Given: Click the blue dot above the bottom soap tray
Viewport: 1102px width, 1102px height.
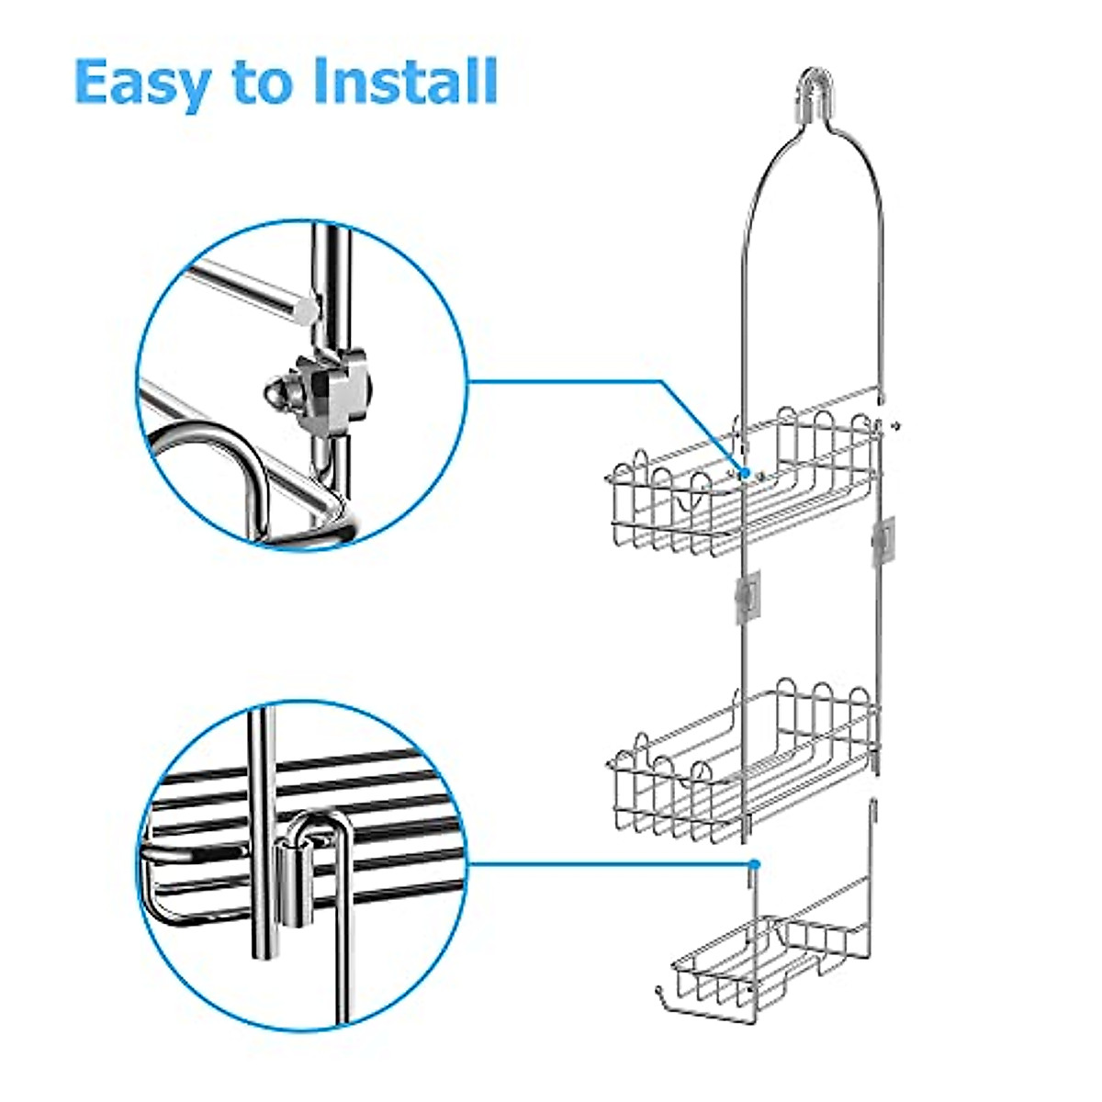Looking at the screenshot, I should pos(753,864).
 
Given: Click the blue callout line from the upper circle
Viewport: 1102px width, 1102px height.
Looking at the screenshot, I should pos(588,380).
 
